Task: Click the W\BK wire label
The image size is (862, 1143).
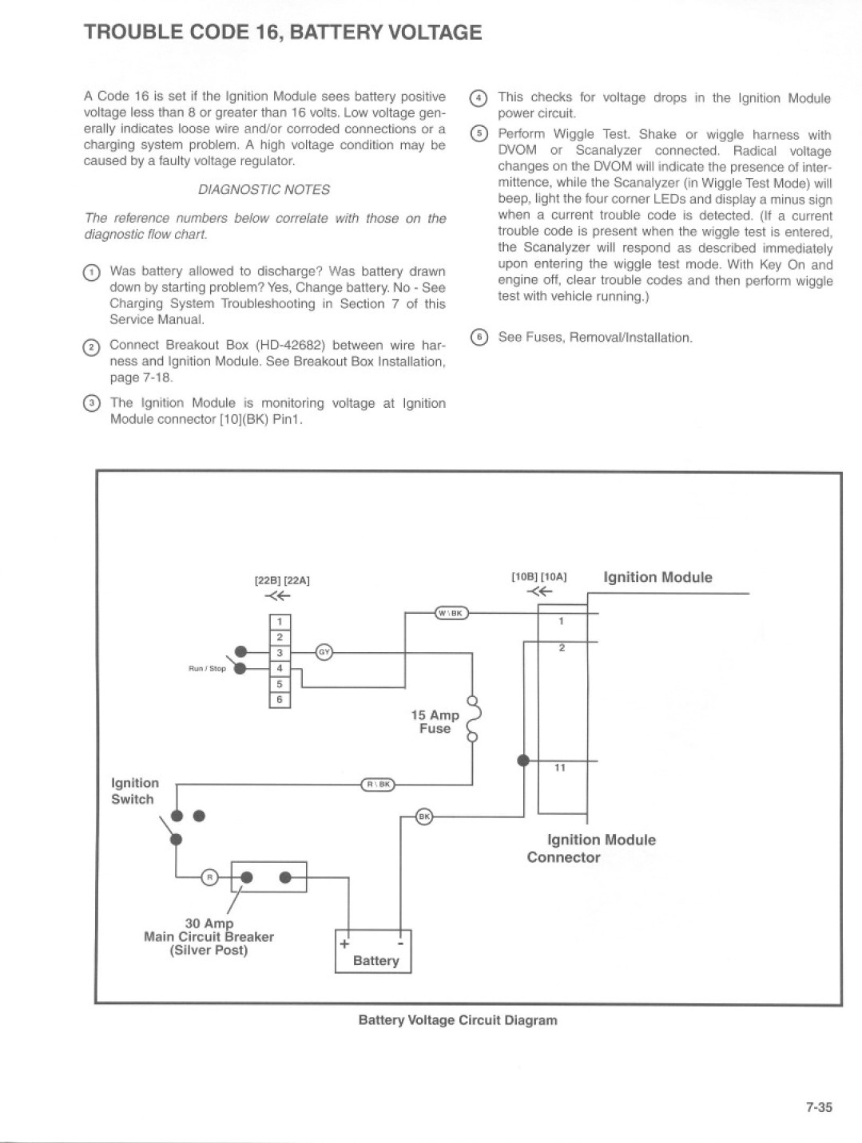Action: (451, 613)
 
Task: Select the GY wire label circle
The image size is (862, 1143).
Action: (324, 652)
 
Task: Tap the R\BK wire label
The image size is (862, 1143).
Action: (379, 785)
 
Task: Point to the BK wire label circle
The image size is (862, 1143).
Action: (424, 817)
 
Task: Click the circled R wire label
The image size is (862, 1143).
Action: (209, 877)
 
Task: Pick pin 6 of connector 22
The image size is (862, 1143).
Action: (280, 699)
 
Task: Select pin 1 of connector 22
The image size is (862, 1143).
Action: (280, 622)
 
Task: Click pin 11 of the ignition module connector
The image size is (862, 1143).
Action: (560, 768)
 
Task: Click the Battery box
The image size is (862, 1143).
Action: (372, 951)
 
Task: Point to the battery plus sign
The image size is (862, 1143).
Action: (344, 943)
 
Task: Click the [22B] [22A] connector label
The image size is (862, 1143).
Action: (282, 580)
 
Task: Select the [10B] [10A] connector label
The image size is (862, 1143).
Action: (539, 577)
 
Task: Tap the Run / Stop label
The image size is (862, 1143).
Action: (207, 669)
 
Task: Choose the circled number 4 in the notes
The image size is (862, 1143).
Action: (478, 98)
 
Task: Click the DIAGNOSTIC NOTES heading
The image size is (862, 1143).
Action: (264, 189)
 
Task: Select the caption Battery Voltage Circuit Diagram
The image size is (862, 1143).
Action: (458, 1020)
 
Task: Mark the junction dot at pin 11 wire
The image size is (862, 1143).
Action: (523, 761)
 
